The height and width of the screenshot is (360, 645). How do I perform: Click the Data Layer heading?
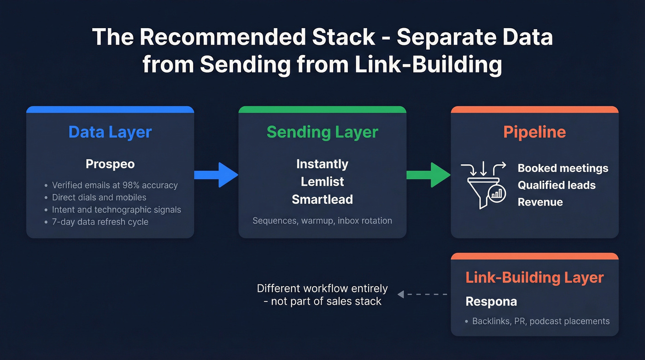pyautogui.click(x=110, y=132)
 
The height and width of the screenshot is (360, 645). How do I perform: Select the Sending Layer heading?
pyautogui.click(x=322, y=132)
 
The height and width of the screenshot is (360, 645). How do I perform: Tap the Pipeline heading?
pyautogui.click(x=534, y=132)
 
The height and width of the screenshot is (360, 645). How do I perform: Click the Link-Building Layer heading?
pyautogui.click(x=534, y=277)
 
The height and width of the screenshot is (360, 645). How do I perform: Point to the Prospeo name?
pyautogui.click(x=110, y=164)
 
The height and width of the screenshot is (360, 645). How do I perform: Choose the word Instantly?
pyautogui.click(x=322, y=164)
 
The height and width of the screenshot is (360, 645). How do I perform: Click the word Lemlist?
pyautogui.click(x=322, y=182)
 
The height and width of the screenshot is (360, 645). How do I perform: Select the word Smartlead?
pyautogui.click(x=322, y=199)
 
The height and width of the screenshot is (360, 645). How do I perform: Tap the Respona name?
pyautogui.click(x=491, y=301)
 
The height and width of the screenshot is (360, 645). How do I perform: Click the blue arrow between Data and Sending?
pyautogui.click(x=217, y=175)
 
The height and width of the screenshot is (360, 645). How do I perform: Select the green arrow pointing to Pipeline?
pyautogui.click(x=428, y=175)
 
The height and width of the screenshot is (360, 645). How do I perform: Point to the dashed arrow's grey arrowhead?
pyautogui.click(x=401, y=294)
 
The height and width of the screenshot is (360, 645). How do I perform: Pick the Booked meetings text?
pyautogui.click(x=563, y=168)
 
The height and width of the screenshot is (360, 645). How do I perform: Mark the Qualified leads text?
pyautogui.click(x=557, y=185)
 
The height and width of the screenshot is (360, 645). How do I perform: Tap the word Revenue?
pyautogui.click(x=540, y=202)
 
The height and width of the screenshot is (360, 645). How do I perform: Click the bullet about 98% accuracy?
pyautogui.click(x=114, y=185)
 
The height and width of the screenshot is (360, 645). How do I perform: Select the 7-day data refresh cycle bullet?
pyautogui.click(x=100, y=222)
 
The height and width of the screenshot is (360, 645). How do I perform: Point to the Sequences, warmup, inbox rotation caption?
pyautogui.click(x=322, y=220)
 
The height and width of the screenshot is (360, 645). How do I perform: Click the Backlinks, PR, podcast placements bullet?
pyautogui.click(x=540, y=321)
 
